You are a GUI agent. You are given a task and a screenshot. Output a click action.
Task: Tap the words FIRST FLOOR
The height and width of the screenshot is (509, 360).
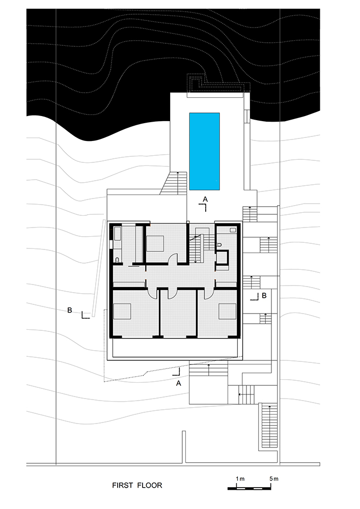(137, 486)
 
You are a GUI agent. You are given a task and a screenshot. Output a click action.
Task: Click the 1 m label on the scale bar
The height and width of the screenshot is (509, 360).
(240, 479)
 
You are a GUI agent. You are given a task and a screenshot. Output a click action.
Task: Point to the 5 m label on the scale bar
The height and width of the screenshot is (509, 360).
(274, 479)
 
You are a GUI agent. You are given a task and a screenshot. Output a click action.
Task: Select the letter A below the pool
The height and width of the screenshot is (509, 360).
(205, 197)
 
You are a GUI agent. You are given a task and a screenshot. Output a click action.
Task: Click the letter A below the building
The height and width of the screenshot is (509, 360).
(178, 384)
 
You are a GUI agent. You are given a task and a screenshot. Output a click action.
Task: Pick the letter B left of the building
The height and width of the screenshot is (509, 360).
(69, 309)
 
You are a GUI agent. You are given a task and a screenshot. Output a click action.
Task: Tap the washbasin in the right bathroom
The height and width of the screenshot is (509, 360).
(233, 230)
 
